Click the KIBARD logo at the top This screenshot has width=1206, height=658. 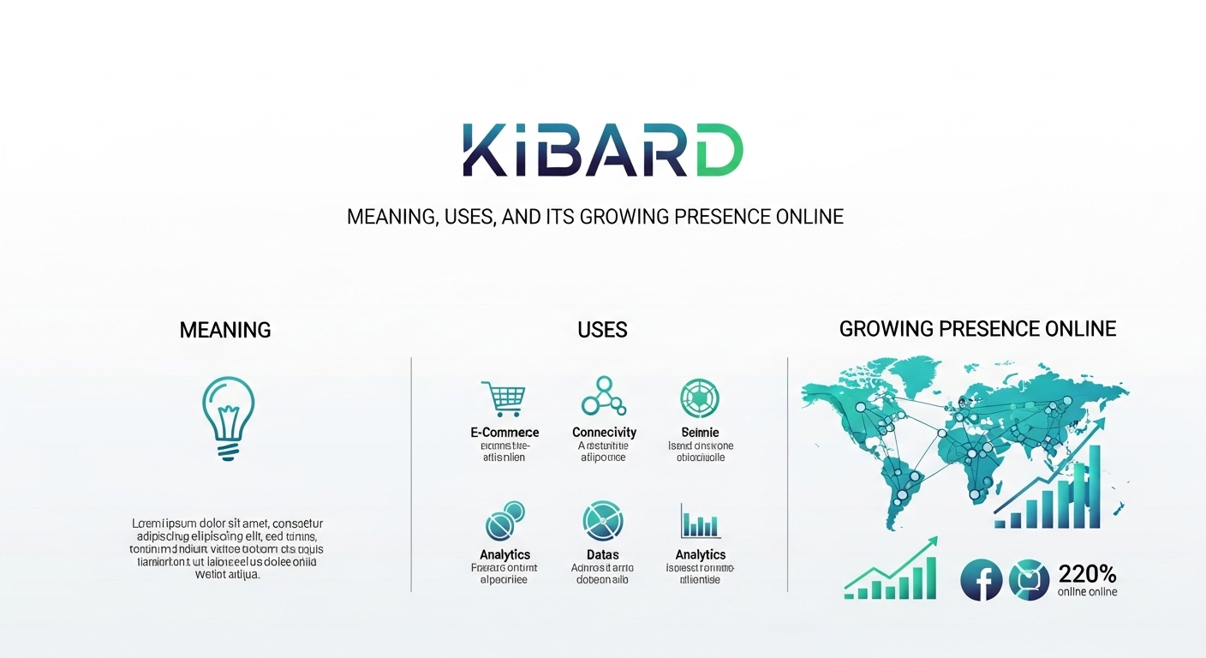pyautogui.click(x=602, y=152)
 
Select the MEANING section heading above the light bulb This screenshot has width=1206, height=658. pyautogui.click(x=225, y=330)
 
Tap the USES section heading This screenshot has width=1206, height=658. pyautogui.click(x=602, y=330)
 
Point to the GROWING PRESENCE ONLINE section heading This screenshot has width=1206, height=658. pyautogui.click(x=977, y=329)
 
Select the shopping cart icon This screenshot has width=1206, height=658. pyautogui.click(x=504, y=398)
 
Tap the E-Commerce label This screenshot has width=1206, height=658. pyautogui.click(x=504, y=433)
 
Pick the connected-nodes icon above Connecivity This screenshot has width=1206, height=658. pyautogui.click(x=603, y=397)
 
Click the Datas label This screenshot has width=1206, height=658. pyautogui.click(x=603, y=554)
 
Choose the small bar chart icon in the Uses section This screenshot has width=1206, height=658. pyautogui.click(x=700, y=521)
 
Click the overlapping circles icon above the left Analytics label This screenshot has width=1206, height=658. pyautogui.click(x=504, y=521)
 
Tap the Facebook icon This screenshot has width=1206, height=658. pyautogui.click(x=982, y=579)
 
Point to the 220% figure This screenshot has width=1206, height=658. pyautogui.click(x=1087, y=573)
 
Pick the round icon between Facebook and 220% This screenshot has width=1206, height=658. pyautogui.click(x=1029, y=579)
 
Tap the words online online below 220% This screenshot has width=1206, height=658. pyautogui.click(x=1087, y=592)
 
